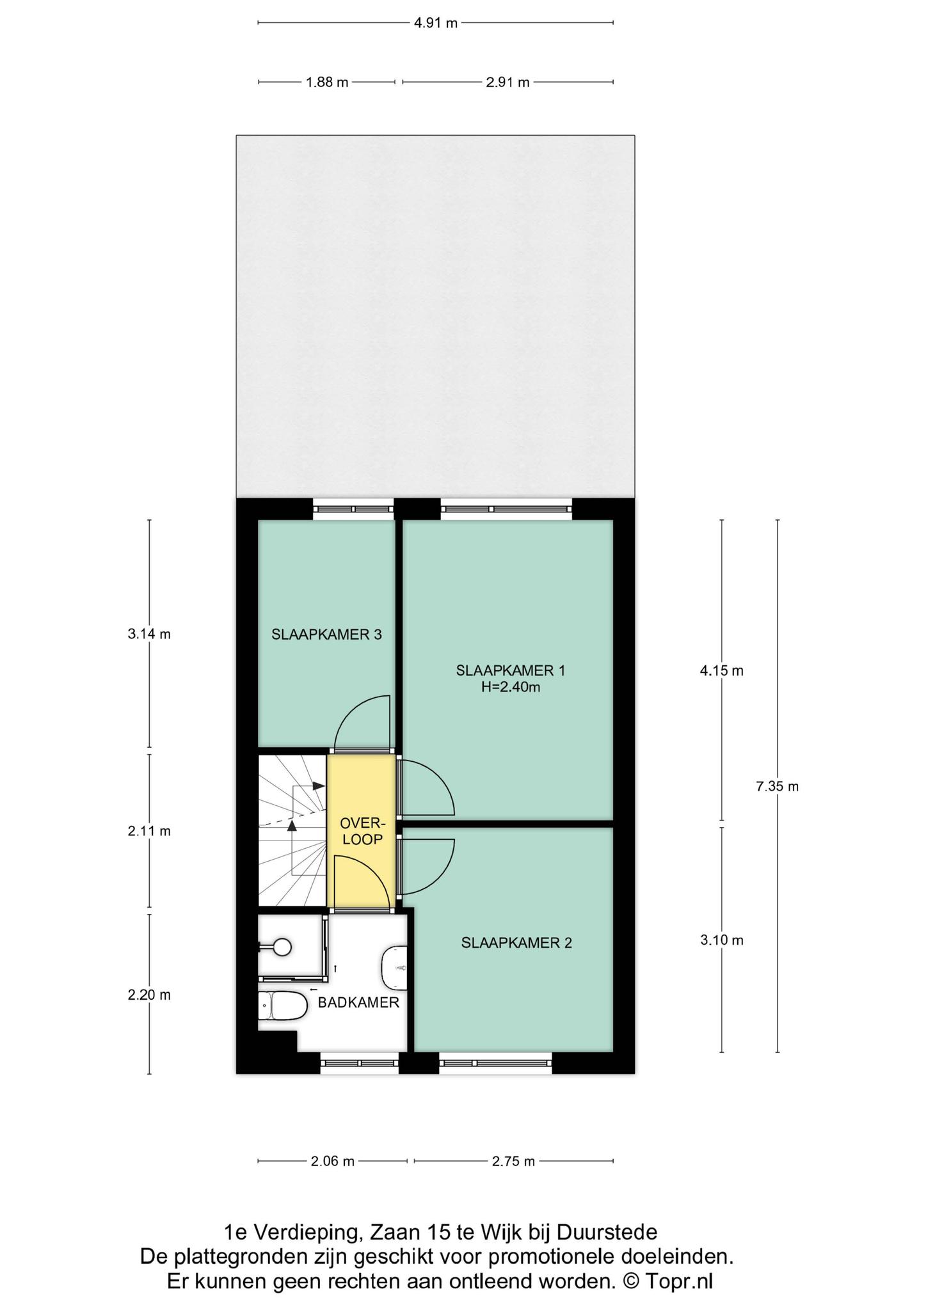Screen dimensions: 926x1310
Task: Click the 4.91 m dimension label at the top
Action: tap(436, 24)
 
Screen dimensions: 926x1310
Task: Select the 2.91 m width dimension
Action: tap(507, 82)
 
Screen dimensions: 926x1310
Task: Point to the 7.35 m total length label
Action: tap(777, 787)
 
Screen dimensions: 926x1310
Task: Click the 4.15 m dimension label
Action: tap(722, 671)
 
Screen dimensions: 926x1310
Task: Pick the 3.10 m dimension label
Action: tap(722, 940)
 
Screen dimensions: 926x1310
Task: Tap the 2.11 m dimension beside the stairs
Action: tap(149, 832)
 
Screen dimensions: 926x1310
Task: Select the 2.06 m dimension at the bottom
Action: tap(332, 1161)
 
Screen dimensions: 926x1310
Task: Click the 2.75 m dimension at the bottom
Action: tap(513, 1161)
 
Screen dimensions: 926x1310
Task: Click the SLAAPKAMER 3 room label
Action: tap(326, 635)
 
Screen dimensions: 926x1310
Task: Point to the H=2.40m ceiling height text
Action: tap(510, 688)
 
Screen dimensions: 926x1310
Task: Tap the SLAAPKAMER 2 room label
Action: tap(516, 942)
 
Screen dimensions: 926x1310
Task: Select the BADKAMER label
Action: tap(358, 1002)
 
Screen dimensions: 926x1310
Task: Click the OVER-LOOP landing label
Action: tap(362, 831)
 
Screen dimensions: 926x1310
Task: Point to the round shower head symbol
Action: tap(282, 947)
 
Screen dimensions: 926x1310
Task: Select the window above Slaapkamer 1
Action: tap(506, 509)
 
